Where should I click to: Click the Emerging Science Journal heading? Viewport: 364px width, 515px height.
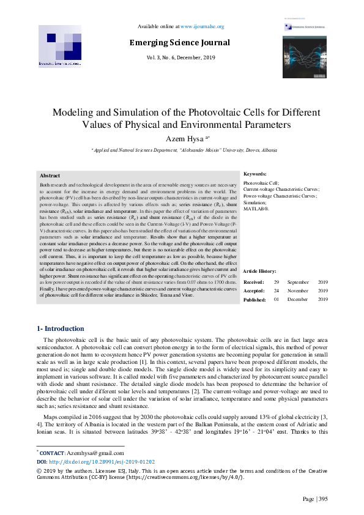pos(179,43)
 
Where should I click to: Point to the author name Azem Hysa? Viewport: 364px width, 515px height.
pos(182,139)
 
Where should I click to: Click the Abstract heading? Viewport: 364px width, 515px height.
pos(50,176)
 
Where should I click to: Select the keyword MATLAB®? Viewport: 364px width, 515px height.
pos(256,209)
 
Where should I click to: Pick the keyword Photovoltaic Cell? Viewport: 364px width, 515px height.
pos(261,183)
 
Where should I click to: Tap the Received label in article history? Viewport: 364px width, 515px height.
pos(254,282)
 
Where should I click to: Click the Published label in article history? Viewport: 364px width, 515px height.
pos(254,299)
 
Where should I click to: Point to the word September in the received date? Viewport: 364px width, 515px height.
pos(298,282)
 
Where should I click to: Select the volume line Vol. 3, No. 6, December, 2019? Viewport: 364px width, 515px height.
pos(180,57)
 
